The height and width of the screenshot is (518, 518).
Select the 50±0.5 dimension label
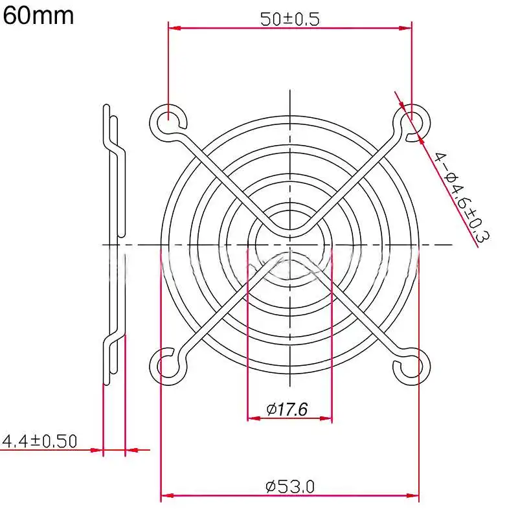[289, 19]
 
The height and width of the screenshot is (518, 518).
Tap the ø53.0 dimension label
[289, 486]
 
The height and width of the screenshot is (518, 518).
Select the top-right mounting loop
[412, 121]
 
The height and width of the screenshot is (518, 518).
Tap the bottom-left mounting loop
[168, 366]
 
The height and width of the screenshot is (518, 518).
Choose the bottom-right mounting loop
[412, 366]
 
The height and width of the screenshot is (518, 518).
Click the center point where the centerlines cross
[289, 245]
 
